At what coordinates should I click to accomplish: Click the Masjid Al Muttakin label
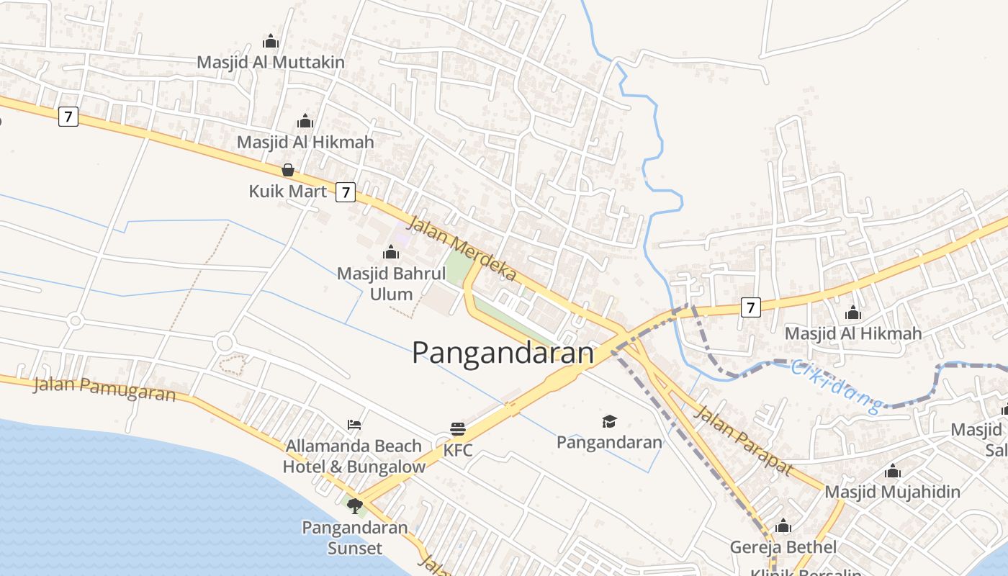[x=271, y=63]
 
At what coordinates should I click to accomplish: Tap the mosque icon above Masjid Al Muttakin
[x=271, y=41]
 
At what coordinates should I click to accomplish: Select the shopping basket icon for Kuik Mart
[x=288, y=170]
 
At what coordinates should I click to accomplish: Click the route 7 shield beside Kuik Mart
[x=346, y=192]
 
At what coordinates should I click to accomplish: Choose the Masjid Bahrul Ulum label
[x=391, y=284]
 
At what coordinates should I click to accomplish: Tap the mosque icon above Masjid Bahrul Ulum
[x=391, y=252]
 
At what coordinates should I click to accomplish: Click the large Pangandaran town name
[x=503, y=353]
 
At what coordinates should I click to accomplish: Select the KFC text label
[x=458, y=451]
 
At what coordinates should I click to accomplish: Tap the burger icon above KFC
[x=458, y=429]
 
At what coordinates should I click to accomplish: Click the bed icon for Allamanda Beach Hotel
[x=354, y=424]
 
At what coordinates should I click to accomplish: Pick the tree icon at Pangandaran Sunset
[x=354, y=506]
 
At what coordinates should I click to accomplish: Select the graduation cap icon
[x=609, y=420]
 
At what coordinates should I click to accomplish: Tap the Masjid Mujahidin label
[x=892, y=492]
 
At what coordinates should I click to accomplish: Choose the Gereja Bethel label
[x=783, y=547]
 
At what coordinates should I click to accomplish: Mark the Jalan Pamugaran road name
[x=104, y=389]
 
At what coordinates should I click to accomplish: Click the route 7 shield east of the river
[x=750, y=307]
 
